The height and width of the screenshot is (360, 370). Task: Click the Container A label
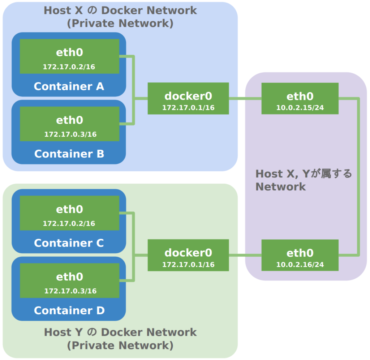tap(69, 86)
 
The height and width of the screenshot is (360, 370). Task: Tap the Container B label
tap(69, 154)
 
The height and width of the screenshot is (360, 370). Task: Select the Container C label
tap(69, 243)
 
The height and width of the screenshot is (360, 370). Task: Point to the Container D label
tap(69, 310)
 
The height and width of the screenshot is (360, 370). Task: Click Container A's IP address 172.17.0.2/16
tap(69, 67)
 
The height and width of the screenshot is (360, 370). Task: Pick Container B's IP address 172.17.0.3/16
tap(70, 134)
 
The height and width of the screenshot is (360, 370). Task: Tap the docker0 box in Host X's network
tap(188, 98)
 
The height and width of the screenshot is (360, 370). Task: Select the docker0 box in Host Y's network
tap(188, 255)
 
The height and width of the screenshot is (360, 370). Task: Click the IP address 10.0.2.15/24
tap(300, 108)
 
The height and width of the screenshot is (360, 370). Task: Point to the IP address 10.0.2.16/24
tap(300, 265)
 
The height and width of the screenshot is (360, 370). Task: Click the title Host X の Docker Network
tap(120, 10)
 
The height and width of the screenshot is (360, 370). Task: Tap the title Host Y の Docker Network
tap(120, 332)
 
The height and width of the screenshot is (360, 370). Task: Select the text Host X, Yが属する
tap(304, 174)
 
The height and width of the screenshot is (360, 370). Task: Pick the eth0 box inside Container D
tap(69, 280)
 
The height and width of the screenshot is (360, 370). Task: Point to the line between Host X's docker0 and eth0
tap(245, 98)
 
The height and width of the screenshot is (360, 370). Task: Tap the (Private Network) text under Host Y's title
tap(120, 345)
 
